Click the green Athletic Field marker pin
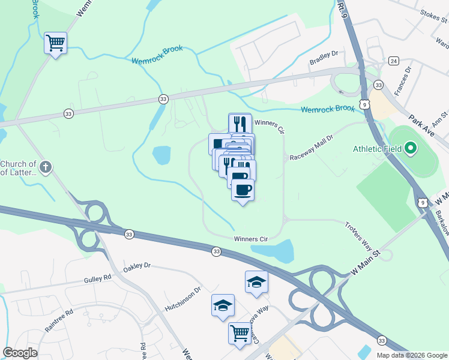[411, 147]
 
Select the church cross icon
[47, 167]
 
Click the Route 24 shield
[393, 61]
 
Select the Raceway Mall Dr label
[311, 148]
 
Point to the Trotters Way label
[359, 235]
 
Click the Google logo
[20, 353]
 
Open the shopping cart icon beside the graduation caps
[240, 332]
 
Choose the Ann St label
[441, 116]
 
